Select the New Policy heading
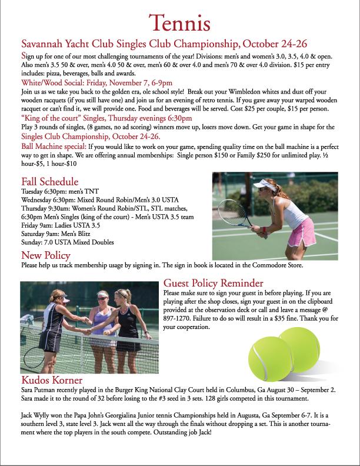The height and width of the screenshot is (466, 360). pos(46,255)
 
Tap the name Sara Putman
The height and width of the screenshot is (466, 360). pos(39,390)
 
